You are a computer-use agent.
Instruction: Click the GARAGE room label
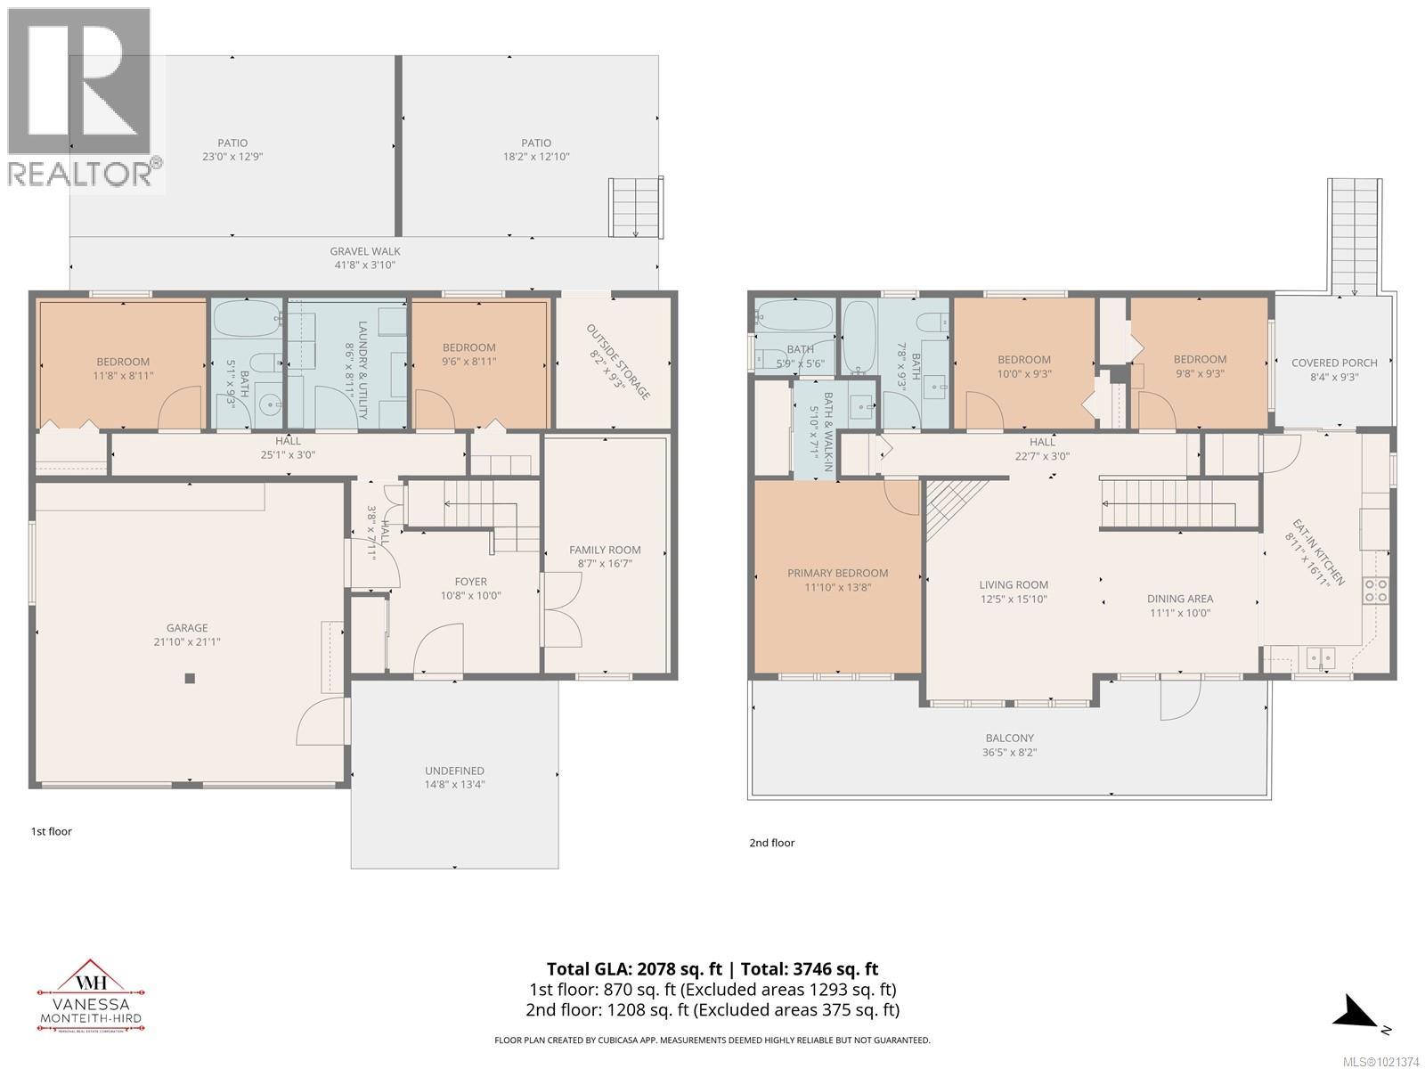[x=186, y=627]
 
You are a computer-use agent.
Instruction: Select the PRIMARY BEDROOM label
[x=837, y=573]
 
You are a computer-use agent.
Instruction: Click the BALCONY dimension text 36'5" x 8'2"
[x=1009, y=752]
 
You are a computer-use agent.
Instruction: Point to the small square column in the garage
[x=190, y=679]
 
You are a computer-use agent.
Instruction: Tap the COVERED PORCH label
[x=1333, y=363]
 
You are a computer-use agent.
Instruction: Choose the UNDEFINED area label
[x=454, y=771]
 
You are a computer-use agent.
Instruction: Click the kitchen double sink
[x=1320, y=658]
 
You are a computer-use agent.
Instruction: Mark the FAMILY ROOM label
[x=605, y=550]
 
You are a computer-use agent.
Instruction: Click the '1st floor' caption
[x=51, y=831]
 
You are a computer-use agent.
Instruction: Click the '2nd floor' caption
[x=771, y=843]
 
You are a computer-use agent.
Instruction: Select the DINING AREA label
[x=1179, y=599]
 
